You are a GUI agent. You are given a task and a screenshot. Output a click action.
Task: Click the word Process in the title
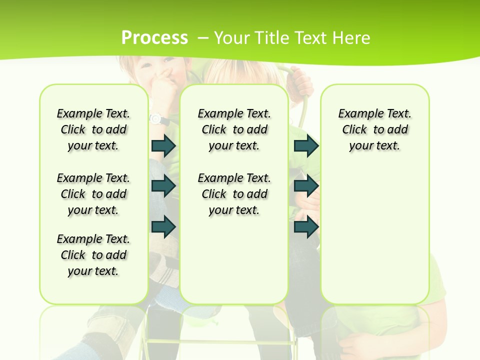pos(155,37)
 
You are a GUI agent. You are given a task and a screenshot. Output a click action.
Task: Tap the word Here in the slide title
pos(351,37)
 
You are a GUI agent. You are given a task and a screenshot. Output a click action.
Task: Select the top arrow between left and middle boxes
pos(163,146)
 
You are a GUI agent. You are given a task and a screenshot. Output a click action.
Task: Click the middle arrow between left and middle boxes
pos(163,186)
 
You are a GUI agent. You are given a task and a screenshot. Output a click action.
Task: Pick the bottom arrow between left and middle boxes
pos(163,226)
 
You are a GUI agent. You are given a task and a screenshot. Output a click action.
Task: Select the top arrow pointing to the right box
pos(306,146)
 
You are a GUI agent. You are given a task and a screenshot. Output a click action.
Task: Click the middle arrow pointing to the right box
pos(306,186)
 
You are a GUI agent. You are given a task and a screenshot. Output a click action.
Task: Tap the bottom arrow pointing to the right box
pos(306,226)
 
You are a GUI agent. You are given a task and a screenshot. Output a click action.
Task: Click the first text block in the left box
pos(93,129)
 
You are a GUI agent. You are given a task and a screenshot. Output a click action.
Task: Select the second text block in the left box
pos(93,194)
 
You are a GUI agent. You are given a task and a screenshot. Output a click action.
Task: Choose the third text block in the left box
pos(93,255)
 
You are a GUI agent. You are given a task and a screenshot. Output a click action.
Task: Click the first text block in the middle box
pos(234,129)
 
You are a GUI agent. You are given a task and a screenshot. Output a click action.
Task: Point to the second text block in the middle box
pos(234,194)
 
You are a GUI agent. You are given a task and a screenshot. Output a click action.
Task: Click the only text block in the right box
pos(374,129)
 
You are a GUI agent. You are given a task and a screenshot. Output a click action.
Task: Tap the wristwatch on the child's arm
pos(156,119)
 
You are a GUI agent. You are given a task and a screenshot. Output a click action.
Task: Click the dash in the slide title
pos(203,37)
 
